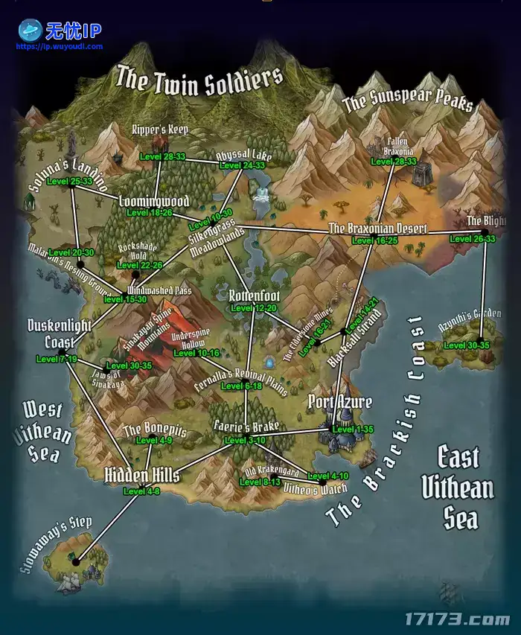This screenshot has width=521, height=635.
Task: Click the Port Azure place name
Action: (340, 403)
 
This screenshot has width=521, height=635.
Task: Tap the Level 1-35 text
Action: (354, 430)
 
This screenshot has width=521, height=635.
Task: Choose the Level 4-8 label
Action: (141, 491)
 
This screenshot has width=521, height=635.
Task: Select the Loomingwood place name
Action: (154, 201)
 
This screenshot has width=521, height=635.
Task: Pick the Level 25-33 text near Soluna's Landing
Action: (69, 181)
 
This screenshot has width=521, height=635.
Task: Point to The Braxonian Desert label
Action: (378, 229)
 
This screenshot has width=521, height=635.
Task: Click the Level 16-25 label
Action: (375, 240)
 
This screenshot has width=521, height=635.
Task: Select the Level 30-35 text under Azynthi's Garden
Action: (467, 345)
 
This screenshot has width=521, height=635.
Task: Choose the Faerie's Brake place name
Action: (245, 427)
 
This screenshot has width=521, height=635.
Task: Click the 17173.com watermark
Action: (456, 619)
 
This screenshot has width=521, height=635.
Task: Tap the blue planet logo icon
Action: (30, 30)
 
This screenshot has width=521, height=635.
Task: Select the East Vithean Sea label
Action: (457, 488)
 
